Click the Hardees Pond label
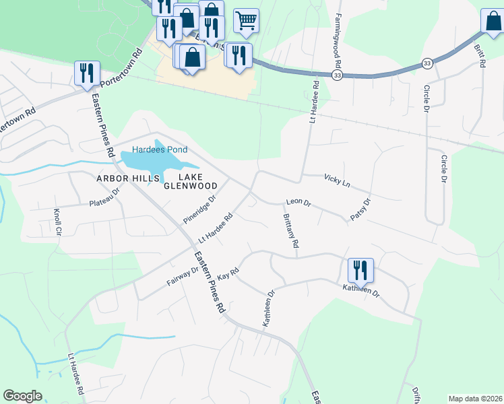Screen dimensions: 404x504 160,149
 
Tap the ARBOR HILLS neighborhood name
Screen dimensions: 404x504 127,178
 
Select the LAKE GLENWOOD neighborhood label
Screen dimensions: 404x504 191,181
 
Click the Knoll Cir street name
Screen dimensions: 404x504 57,222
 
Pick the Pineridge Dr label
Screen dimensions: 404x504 199,210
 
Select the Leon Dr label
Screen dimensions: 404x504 298,202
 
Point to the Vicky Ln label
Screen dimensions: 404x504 337,180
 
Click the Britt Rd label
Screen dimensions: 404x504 479,56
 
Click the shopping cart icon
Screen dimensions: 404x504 247,21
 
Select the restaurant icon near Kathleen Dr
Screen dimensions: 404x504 360,271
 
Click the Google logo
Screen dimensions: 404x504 23,396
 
